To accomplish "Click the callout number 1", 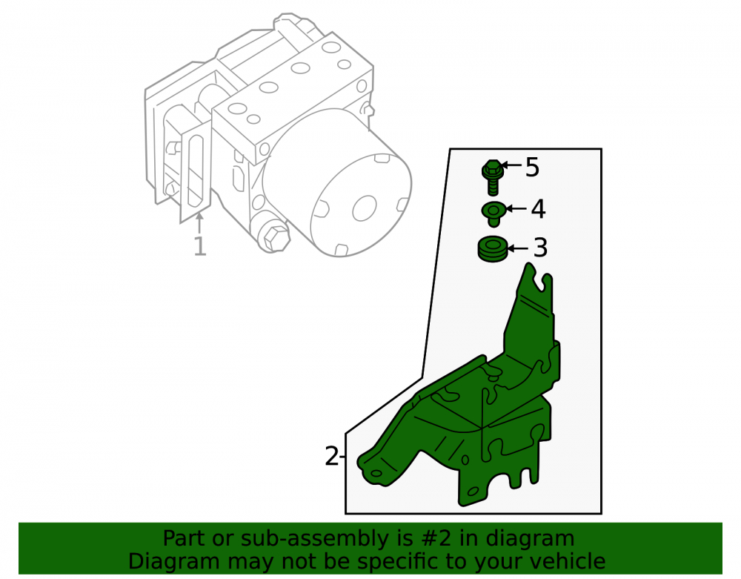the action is (200, 246).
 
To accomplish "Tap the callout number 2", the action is (332, 456).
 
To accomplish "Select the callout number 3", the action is (540, 248).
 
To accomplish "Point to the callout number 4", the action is (538, 209).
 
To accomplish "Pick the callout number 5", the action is (533, 168).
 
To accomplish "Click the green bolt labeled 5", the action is (493, 177).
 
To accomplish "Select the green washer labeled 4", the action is (494, 214).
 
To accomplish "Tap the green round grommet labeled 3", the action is (493, 249).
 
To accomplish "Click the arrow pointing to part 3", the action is (518, 248).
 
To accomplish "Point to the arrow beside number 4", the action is (516, 208).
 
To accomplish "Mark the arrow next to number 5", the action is (511, 165).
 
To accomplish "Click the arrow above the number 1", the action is (200, 222).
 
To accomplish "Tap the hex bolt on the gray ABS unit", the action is (275, 237).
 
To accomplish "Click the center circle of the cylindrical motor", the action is (365, 208).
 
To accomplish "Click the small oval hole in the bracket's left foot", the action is (376, 474).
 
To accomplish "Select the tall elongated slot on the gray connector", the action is (195, 171).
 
